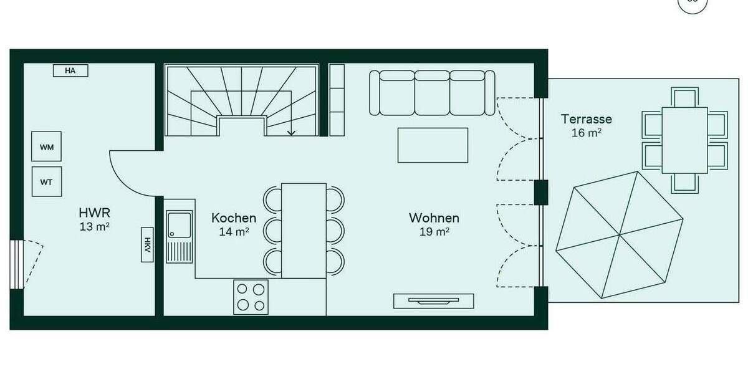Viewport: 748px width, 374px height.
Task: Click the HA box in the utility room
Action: [x=70, y=71]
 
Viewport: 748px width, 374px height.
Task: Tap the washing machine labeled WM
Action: [x=47, y=147]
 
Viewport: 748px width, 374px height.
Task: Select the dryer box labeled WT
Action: [x=47, y=182]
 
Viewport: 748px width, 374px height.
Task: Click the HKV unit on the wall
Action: [x=148, y=244]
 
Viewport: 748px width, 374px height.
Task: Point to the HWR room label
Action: [x=94, y=214]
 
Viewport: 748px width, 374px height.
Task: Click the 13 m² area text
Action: [x=94, y=227]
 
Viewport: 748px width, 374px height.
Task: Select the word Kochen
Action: [x=234, y=218]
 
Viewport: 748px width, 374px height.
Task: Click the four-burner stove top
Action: [x=251, y=297]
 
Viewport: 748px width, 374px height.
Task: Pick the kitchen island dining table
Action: [x=304, y=230]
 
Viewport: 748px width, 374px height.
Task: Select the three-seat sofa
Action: [x=432, y=93]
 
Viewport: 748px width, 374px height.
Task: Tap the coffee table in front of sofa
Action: [x=433, y=145]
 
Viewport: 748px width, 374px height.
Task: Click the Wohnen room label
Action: [x=434, y=218]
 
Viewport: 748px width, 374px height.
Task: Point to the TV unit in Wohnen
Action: [x=433, y=301]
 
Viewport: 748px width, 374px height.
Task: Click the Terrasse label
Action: [x=586, y=119]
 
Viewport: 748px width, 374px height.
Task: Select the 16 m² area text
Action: [x=586, y=133]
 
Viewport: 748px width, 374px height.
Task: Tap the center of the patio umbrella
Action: [x=620, y=236]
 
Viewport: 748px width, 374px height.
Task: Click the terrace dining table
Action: [x=684, y=140]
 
